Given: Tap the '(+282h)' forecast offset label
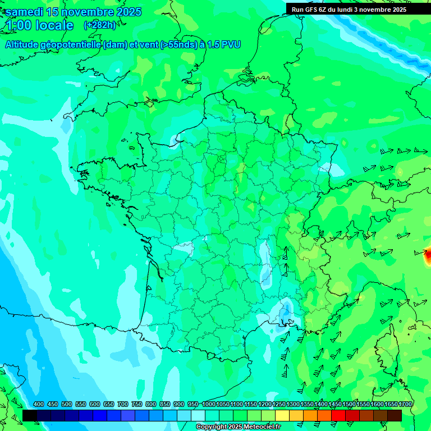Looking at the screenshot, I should pyautogui.click(x=100, y=25).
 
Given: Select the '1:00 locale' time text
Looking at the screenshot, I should pyautogui.click(x=40, y=25).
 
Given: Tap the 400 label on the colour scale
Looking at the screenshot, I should pyautogui.click(x=39, y=404).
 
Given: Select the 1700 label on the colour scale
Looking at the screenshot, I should pyautogui.click(x=405, y=404).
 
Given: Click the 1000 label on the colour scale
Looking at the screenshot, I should pyautogui.click(x=209, y=404).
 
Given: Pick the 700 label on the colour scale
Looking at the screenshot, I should pyautogui.click(x=123, y=404).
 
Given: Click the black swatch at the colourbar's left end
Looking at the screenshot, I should pyautogui.click(x=30, y=415).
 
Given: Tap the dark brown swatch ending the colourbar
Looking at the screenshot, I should pyautogui.click(x=395, y=415).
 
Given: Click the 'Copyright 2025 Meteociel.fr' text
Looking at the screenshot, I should pyautogui.click(x=238, y=427).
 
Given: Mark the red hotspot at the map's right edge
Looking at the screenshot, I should pyautogui.click(x=428, y=254).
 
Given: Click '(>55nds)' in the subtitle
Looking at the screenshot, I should pyautogui.click(x=176, y=44).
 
